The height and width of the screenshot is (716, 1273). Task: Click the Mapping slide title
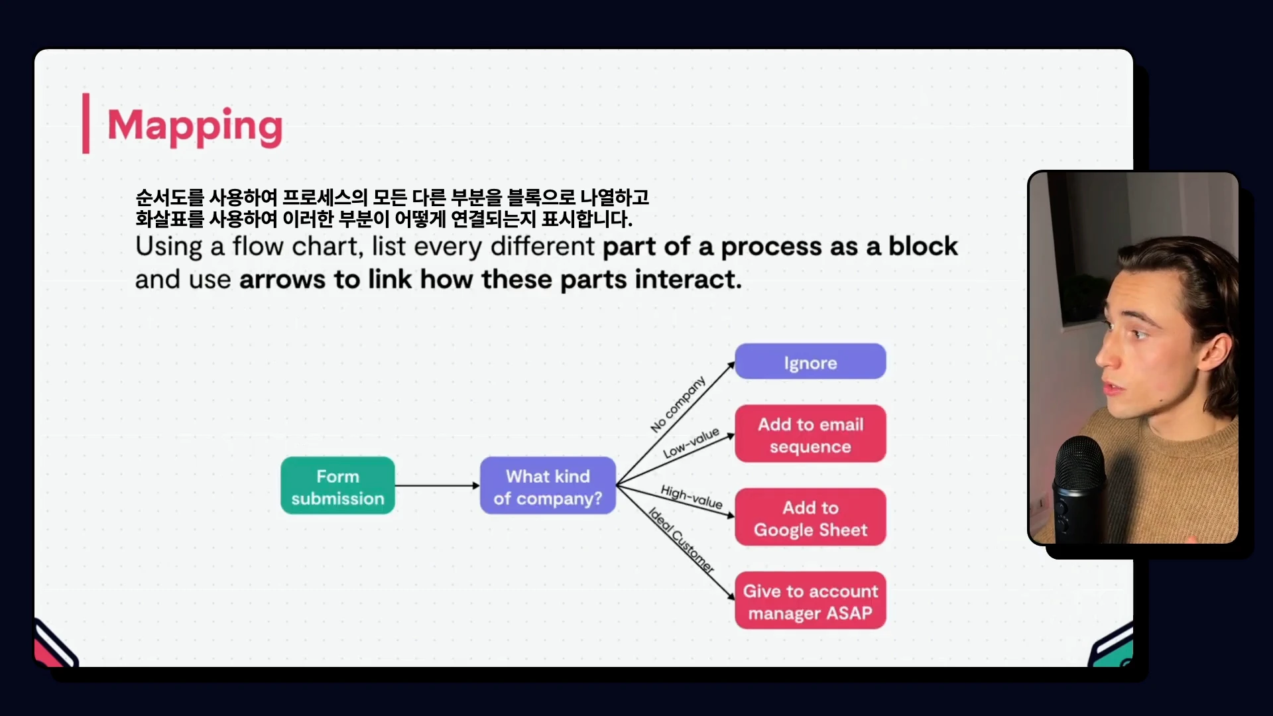[195, 126]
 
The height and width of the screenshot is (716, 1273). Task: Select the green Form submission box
[337, 486]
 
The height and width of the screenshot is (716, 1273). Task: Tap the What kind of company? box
[548, 486]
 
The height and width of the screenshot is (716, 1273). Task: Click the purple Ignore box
[810, 362]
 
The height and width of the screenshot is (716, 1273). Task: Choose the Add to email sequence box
[810, 434]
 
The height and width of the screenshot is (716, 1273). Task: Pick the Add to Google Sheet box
[810, 518]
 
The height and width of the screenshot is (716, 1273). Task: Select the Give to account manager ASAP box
[810, 601]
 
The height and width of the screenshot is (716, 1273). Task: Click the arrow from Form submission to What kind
[438, 486]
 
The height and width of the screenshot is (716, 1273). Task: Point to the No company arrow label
[678, 404]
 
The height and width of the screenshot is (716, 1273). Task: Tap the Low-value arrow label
[692, 443]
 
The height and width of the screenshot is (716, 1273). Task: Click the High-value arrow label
[692, 497]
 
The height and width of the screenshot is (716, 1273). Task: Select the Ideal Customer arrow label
[681, 540]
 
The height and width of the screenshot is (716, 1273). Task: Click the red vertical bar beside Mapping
[86, 123]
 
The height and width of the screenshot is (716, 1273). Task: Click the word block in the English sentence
[923, 247]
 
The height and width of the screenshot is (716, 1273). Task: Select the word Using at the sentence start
[169, 247]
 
